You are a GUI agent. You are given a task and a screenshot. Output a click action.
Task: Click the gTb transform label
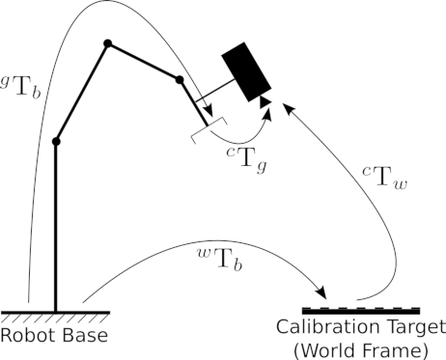coord(20,86)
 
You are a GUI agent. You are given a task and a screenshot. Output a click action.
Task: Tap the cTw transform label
coord(385,178)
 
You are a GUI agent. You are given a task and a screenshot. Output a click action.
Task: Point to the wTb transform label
coord(219,260)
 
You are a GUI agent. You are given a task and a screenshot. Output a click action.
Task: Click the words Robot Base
coord(54,335)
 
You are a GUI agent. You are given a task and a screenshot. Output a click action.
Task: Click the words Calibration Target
coord(361,327)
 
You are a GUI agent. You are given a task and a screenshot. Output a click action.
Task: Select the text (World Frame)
coord(361,350)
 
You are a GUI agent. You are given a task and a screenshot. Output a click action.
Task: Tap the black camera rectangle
coord(246,71)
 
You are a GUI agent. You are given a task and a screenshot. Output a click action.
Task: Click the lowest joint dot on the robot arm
coord(56,141)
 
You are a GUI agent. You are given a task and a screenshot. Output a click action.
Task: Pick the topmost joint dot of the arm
coord(108,43)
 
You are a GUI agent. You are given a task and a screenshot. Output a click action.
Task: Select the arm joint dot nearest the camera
coord(180,80)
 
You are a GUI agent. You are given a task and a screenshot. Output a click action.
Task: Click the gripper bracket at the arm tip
coord(209,130)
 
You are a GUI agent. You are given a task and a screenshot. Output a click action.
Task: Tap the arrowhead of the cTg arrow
coord(266,115)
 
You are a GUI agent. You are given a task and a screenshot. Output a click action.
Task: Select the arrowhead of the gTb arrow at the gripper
coord(209,112)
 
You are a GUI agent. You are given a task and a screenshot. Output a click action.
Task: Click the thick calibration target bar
coord(361,311)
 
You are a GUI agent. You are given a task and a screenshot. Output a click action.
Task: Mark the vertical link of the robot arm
coord(56,227)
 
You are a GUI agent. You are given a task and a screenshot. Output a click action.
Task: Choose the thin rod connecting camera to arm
coord(215,91)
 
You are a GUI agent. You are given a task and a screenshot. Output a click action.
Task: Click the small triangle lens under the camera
coord(265,101)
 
